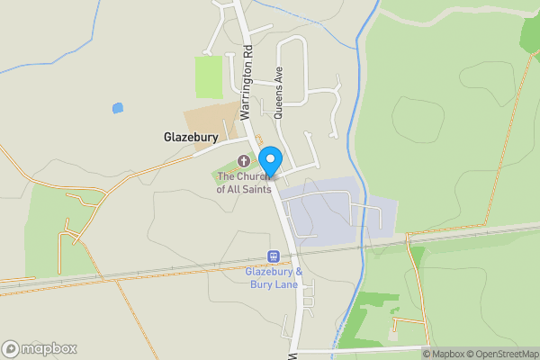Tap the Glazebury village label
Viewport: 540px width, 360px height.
[191, 138]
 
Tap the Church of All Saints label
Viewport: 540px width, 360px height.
[243, 183]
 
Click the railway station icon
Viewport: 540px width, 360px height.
[273, 256]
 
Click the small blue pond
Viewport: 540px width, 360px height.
[117, 108]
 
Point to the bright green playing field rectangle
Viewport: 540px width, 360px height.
[209, 77]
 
